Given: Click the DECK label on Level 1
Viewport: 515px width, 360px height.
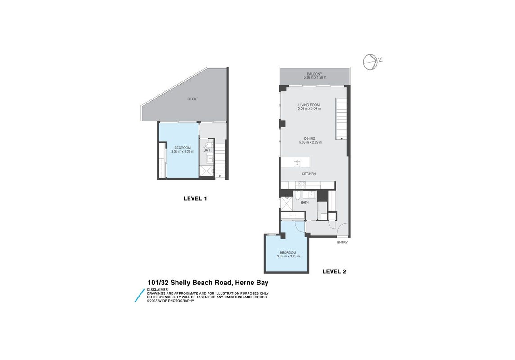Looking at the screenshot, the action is (x=192, y=99).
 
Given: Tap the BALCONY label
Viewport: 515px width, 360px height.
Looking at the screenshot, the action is (x=315, y=74).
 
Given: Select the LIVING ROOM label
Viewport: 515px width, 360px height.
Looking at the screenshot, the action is (x=309, y=105).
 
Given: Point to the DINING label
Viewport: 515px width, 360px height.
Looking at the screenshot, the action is (x=310, y=139).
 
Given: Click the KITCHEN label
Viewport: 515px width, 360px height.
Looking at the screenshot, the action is (x=309, y=174).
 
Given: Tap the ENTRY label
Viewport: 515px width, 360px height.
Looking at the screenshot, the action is (x=342, y=243).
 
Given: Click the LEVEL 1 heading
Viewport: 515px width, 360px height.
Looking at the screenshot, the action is (x=195, y=198).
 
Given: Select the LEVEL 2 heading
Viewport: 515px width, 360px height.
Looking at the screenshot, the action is (x=334, y=271).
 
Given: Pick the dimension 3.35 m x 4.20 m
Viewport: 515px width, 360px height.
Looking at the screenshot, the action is (x=183, y=152).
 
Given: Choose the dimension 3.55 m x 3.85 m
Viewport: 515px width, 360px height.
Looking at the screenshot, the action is (x=289, y=256).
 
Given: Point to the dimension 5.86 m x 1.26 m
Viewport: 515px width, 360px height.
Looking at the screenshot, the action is (x=315, y=78).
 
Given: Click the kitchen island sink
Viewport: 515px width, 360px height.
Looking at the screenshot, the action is (x=297, y=163).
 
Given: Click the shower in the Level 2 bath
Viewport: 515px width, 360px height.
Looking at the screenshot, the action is (x=286, y=204).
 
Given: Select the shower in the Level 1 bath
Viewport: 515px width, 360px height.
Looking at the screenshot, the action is (x=207, y=171).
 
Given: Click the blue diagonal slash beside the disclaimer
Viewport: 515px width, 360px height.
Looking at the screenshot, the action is (x=140, y=296).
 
